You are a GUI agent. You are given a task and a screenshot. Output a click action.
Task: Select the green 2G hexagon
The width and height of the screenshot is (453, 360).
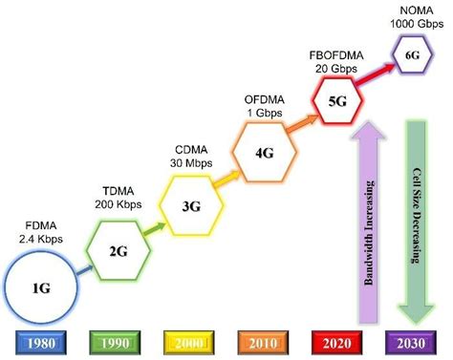pos(116,251)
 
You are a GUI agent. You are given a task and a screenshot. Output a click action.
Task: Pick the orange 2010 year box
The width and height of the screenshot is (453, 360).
pos(264,342)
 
